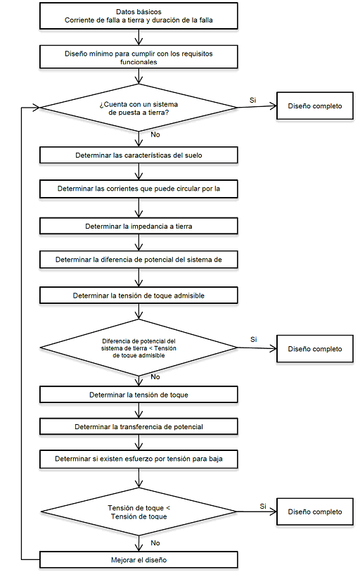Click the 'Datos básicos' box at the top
(x=139, y=16)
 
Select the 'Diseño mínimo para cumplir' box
(x=139, y=57)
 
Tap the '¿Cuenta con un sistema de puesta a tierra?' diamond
(x=139, y=108)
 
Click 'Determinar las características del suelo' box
(x=139, y=155)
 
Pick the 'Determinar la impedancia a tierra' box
(x=139, y=226)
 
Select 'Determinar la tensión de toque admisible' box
(x=139, y=295)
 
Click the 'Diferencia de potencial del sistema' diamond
(x=139, y=348)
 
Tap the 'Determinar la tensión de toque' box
(x=139, y=395)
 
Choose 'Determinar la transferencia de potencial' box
(x=139, y=426)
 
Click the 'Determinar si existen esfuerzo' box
(x=139, y=459)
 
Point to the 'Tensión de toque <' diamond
(x=139, y=511)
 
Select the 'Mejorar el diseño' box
(x=139, y=560)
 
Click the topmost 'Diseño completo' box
(x=315, y=106)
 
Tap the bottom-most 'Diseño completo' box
(x=315, y=511)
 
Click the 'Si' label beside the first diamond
(x=252, y=101)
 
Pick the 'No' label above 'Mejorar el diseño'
(x=155, y=543)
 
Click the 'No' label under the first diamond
(x=155, y=134)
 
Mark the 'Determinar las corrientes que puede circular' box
(x=139, y=189)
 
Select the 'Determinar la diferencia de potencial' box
(x=139, y=260)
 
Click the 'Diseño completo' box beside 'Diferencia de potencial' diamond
(x=315, y=349)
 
